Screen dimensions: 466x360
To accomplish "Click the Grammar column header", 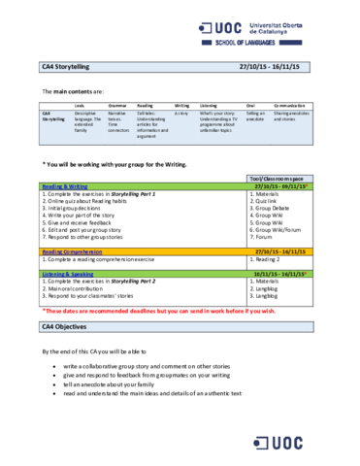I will pos(116,103).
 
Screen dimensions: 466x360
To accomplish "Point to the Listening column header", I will pos(209,103).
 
